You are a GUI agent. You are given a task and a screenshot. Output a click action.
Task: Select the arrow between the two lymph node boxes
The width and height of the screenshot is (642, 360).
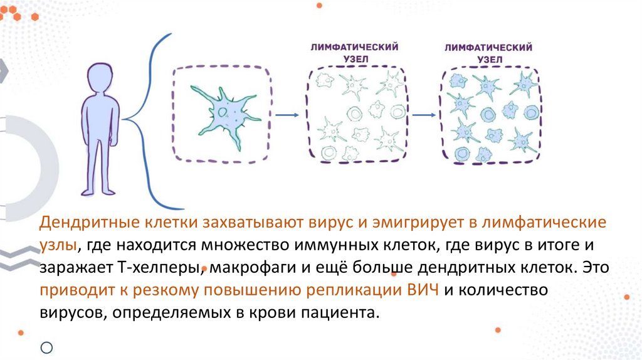(424, 115)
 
